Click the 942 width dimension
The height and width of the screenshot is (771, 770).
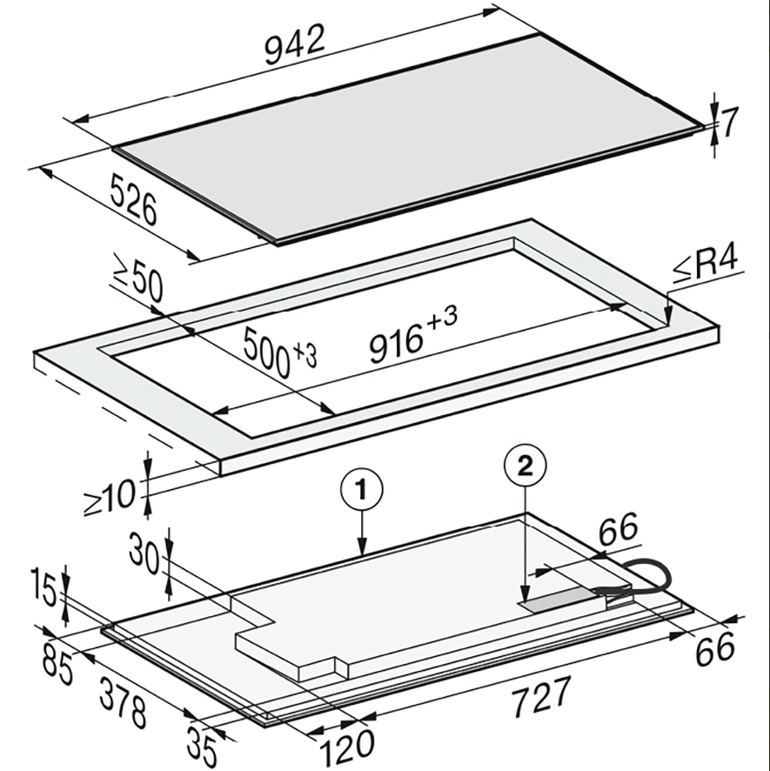coord(295,44)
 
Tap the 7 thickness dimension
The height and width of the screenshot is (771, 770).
coord(729,123)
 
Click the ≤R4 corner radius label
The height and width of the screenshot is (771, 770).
coord(706,266)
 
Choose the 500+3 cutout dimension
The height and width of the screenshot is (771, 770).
coord(279,352)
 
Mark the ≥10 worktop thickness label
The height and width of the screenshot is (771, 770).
coord(109,497)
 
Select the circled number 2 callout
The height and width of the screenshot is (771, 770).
coord(526,466)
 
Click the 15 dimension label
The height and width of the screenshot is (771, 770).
coord(44,587)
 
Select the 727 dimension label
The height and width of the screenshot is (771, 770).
coord(541,697)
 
